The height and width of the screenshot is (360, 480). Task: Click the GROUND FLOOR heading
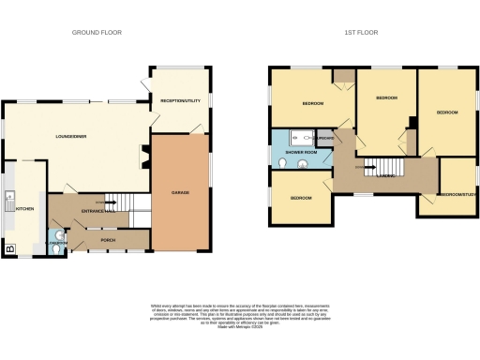pos(97,32)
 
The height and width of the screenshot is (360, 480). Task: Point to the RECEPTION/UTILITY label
pos(180,100)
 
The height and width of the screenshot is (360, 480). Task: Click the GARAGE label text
pos(180,192)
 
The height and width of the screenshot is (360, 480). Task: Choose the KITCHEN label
pos(24,209)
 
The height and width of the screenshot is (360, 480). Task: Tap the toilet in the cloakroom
pos(58,236)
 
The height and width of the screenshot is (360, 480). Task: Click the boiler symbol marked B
pos(10,249)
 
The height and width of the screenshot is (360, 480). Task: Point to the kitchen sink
pos(8,199)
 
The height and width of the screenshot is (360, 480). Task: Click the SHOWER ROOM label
pos(301,152)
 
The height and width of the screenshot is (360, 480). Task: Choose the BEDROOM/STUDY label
pos(458,194)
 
